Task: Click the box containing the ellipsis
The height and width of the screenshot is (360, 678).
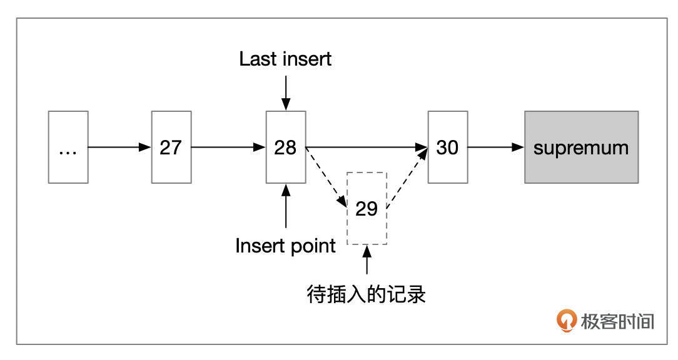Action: pos(68,147)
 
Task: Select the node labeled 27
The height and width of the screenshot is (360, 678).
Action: pos(171,147)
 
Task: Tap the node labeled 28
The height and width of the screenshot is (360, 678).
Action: pos(286,147)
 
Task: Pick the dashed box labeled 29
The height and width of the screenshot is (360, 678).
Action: pos(367,208)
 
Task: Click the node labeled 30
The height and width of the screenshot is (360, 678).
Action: pos(448,147)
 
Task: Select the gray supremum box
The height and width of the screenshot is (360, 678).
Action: pos(581,147)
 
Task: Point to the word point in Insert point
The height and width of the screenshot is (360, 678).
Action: pos(310,246)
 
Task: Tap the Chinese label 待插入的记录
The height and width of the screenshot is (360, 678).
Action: pos(367,293)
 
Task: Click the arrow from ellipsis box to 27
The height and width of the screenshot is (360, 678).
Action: pos(119,147)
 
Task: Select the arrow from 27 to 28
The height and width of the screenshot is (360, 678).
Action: pos(228,147)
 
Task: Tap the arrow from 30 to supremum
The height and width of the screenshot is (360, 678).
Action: pos(496,147)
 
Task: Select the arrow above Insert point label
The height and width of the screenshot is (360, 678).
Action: pos(286,206)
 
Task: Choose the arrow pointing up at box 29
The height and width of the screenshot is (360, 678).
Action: pos(367,260)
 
